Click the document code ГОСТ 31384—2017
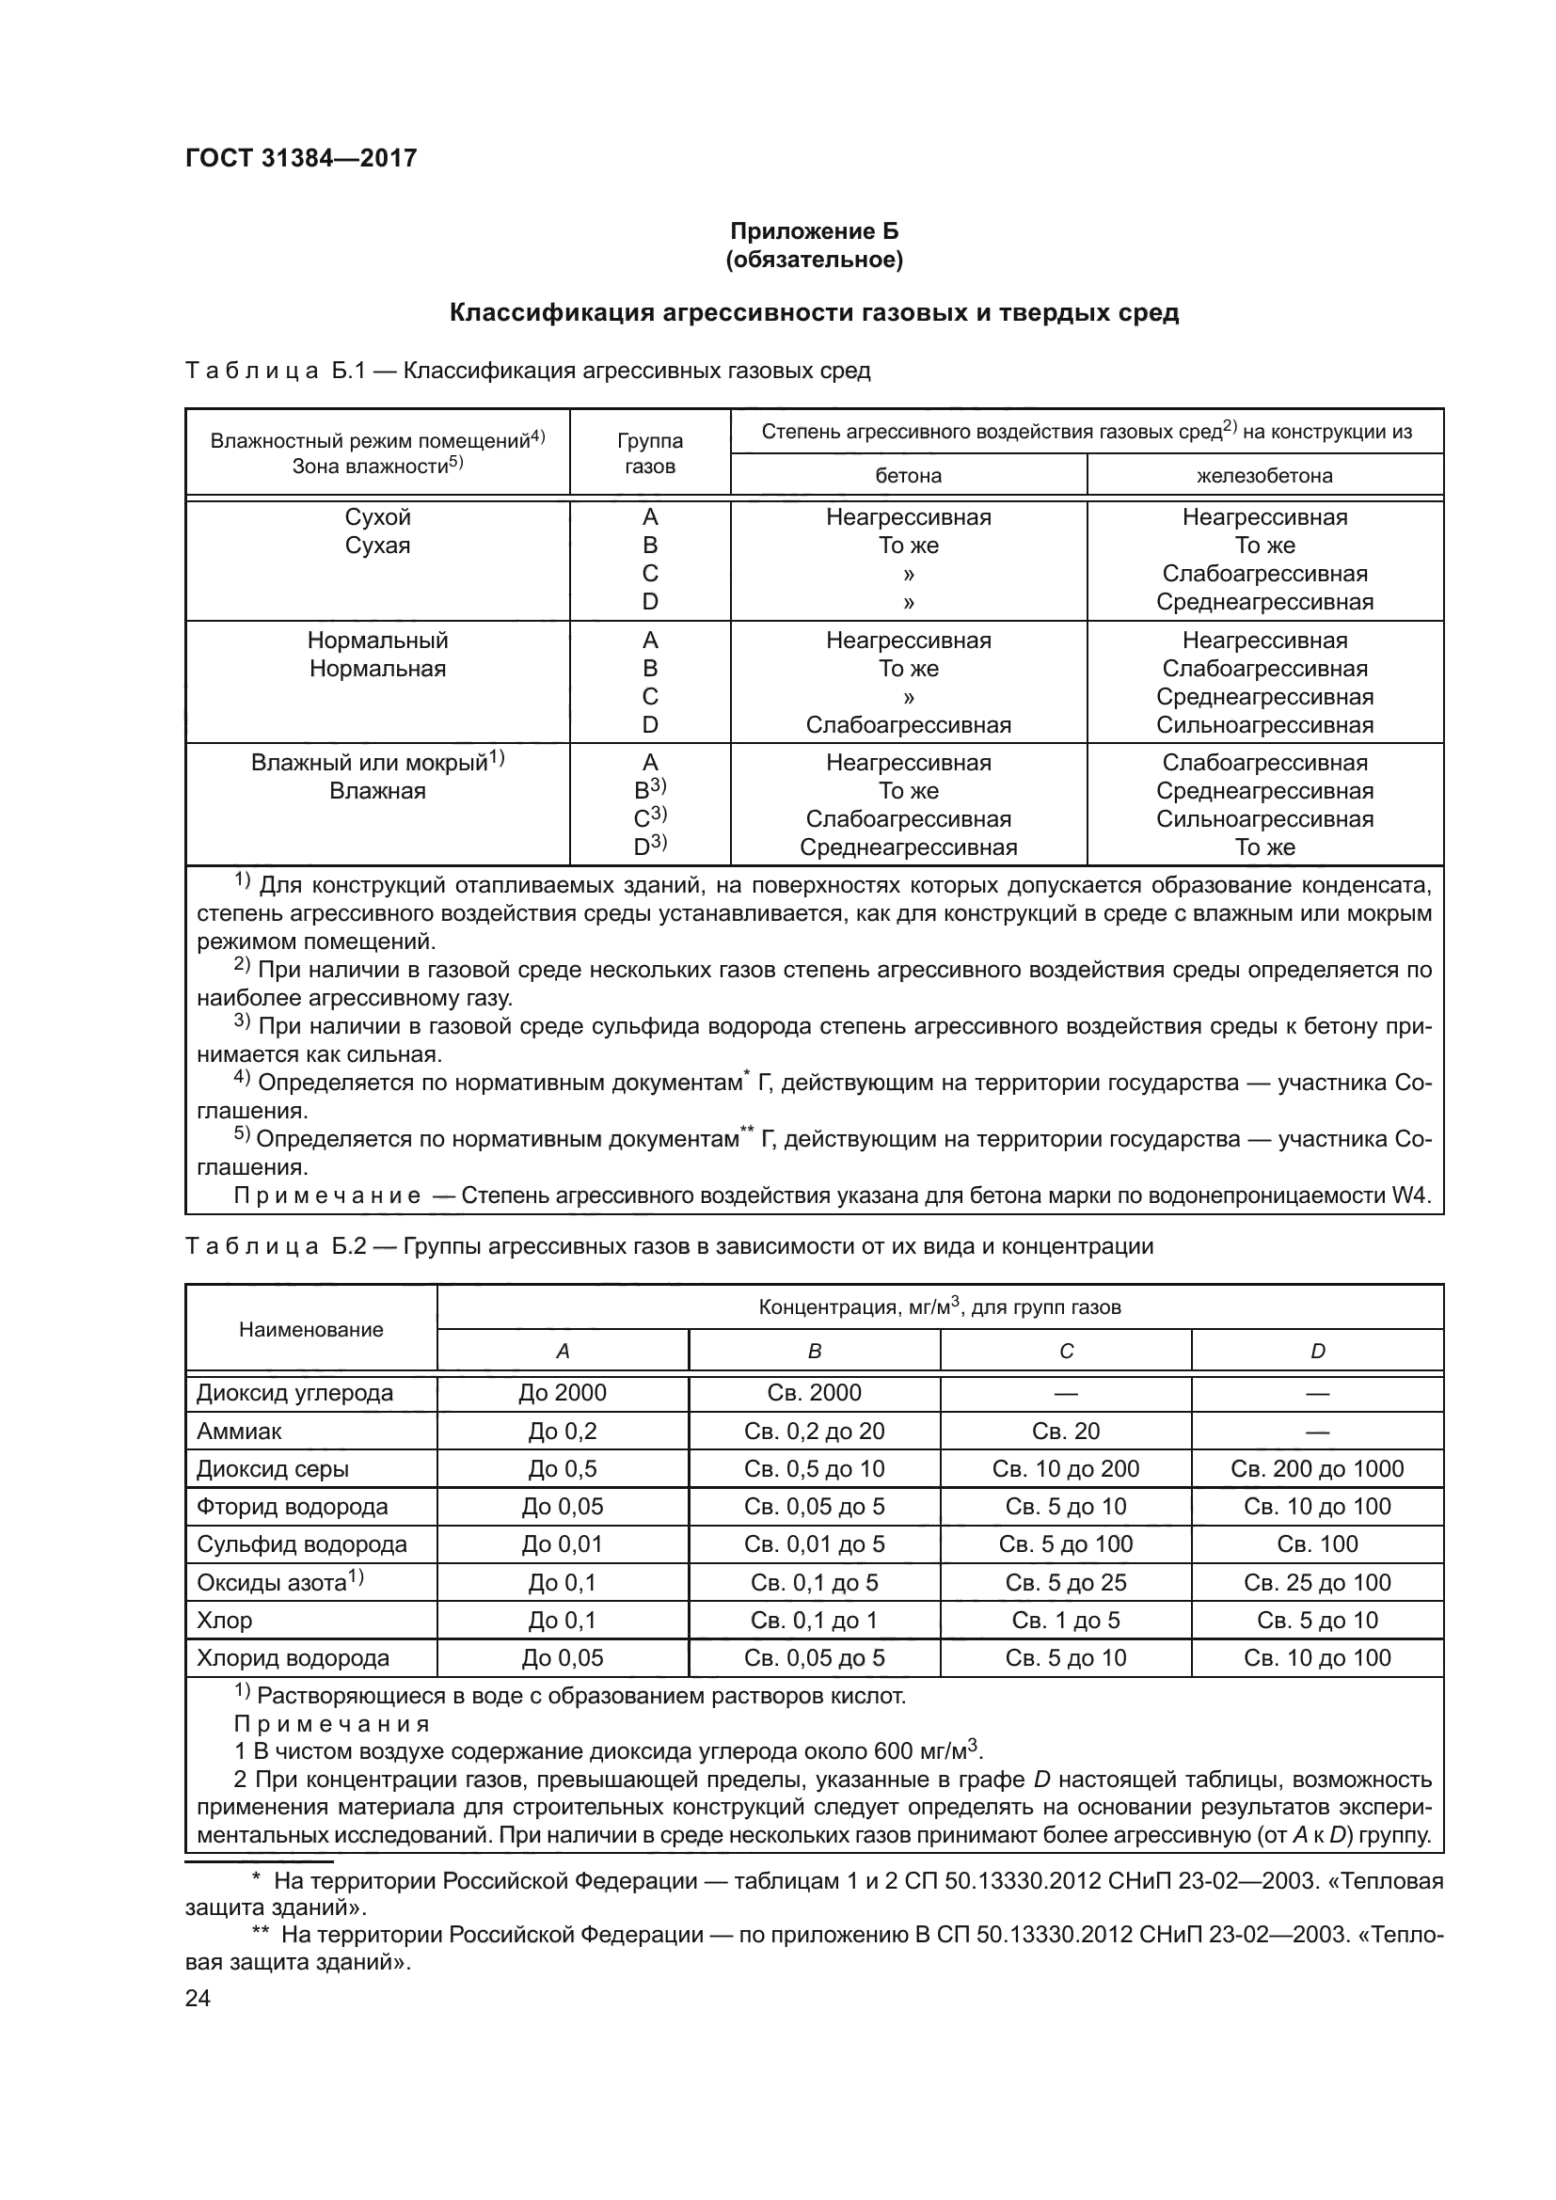(x=301, y=158)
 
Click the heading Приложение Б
(x=814, y=231)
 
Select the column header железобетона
(x=1263, y=475)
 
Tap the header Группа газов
(x=650, y=453)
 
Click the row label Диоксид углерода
(x=295, y=1393)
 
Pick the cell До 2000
(x=563, y=1393)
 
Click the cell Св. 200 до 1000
(x=1316, y=1469)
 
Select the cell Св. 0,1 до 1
(x=814, y=1621)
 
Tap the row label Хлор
(x=224, y=1621)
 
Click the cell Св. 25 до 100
(x=1316, y=1583)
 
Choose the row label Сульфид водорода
(x=302, y=1544)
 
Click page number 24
(x=198, y=1999)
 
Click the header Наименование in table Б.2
(x=310, y=1330)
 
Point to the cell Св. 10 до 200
(x=1066, y=1469)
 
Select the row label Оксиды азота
(x=272, y=1583)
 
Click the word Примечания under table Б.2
(x=331, y=1725)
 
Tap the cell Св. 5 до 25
(x=1066, y=1583)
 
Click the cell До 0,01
(x=563, y=1544)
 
